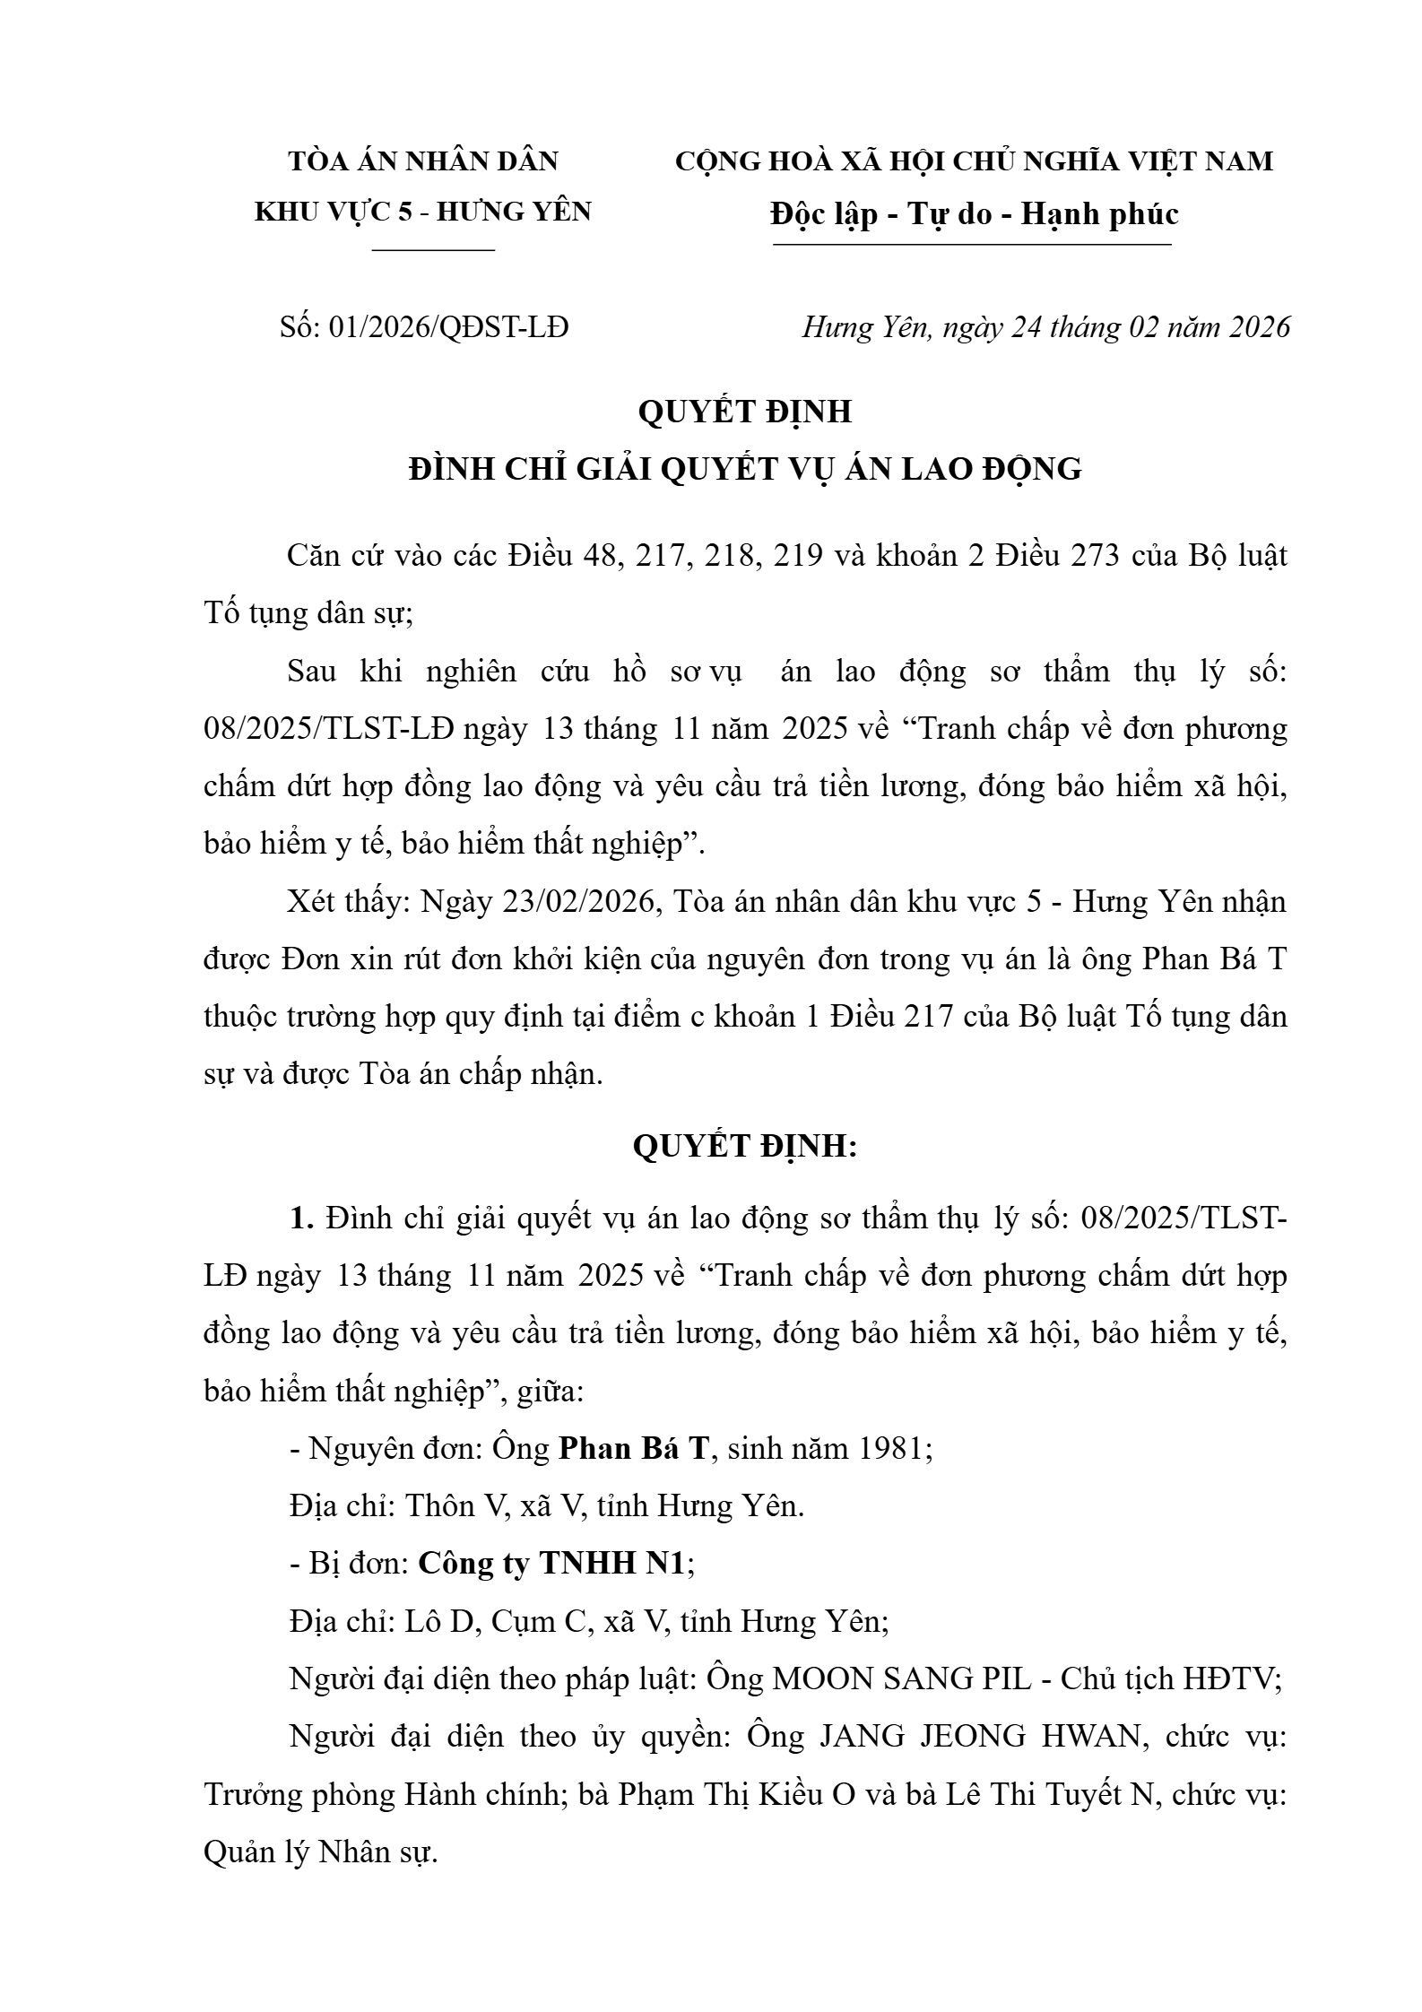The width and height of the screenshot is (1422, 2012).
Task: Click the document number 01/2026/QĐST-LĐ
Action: click(448, 328)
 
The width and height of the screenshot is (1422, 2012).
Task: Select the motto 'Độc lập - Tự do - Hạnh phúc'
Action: click(974, 214)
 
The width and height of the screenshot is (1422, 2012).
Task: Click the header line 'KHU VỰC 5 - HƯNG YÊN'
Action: click(423, 212)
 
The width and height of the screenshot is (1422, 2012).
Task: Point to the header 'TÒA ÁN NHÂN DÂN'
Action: click(423, 161)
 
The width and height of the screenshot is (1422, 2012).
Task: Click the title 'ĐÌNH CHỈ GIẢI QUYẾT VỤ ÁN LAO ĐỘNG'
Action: click(745, 469)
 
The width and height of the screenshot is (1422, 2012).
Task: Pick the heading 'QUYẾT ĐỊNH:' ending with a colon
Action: click(745, 1147)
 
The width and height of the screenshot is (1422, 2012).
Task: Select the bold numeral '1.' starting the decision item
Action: click(301, 1218)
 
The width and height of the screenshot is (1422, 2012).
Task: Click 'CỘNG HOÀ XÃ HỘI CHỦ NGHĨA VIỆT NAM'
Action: click(974, 161)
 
